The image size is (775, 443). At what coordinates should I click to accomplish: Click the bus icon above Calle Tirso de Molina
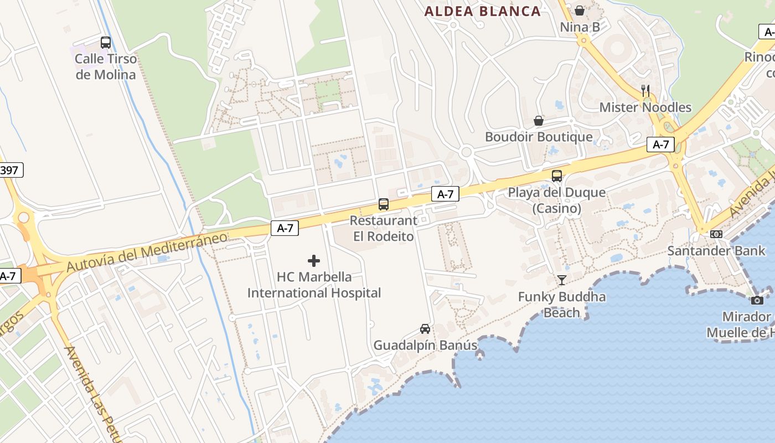106,42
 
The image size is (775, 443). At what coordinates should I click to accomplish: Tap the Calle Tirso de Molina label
106,66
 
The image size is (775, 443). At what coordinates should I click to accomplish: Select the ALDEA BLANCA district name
482,11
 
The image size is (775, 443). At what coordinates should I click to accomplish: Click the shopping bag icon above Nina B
580,10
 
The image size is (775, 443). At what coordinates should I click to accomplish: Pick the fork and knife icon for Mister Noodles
645,90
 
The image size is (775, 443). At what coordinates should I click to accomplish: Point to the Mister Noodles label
645,107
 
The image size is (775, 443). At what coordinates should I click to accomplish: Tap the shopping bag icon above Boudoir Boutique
538,121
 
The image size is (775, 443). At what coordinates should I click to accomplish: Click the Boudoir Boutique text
539,137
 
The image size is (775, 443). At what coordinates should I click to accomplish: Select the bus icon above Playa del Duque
557,176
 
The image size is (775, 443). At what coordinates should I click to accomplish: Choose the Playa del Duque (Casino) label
557,200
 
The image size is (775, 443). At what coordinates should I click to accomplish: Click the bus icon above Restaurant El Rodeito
384,204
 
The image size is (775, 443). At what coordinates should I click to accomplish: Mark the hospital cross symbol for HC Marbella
314,260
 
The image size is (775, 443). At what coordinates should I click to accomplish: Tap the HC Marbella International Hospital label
314,285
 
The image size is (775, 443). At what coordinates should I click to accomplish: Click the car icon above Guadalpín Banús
425,328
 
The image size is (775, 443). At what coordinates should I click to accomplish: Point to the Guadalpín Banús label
425,346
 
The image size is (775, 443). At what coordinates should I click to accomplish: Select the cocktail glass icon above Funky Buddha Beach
562,280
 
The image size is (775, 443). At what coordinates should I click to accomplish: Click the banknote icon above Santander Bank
716,234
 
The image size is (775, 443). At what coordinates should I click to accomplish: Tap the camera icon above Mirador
757,300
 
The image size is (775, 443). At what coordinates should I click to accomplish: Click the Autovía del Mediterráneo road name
147,252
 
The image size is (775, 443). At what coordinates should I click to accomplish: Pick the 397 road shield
9,170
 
